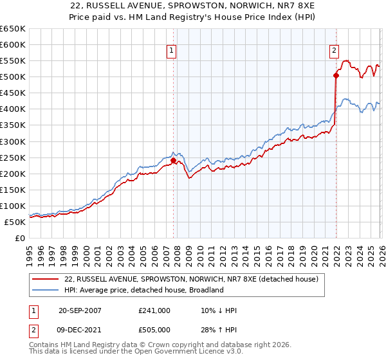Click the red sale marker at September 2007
173,161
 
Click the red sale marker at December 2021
336,75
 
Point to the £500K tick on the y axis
12,77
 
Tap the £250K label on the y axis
12,157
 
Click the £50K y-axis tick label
15,222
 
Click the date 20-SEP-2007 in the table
80,310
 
